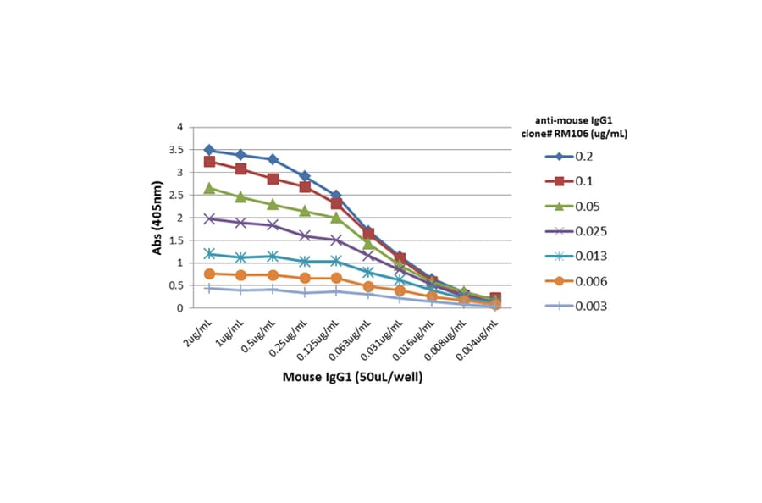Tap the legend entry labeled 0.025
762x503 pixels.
coord(576,230)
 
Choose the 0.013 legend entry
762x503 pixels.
coord(576,256)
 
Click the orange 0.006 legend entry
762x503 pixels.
coord(576,280)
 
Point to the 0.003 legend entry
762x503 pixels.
coord(576,306)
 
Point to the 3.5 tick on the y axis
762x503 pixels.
coord(174,150)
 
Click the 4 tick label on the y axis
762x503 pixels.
coord(179,127)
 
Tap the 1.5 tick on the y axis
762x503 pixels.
coord(174,240)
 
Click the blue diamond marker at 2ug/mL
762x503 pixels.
coord(209,150)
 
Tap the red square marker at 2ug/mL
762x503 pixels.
coord(209,162)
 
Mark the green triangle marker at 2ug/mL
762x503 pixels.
coord(209,188)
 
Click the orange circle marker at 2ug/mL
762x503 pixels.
coord(209,274)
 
